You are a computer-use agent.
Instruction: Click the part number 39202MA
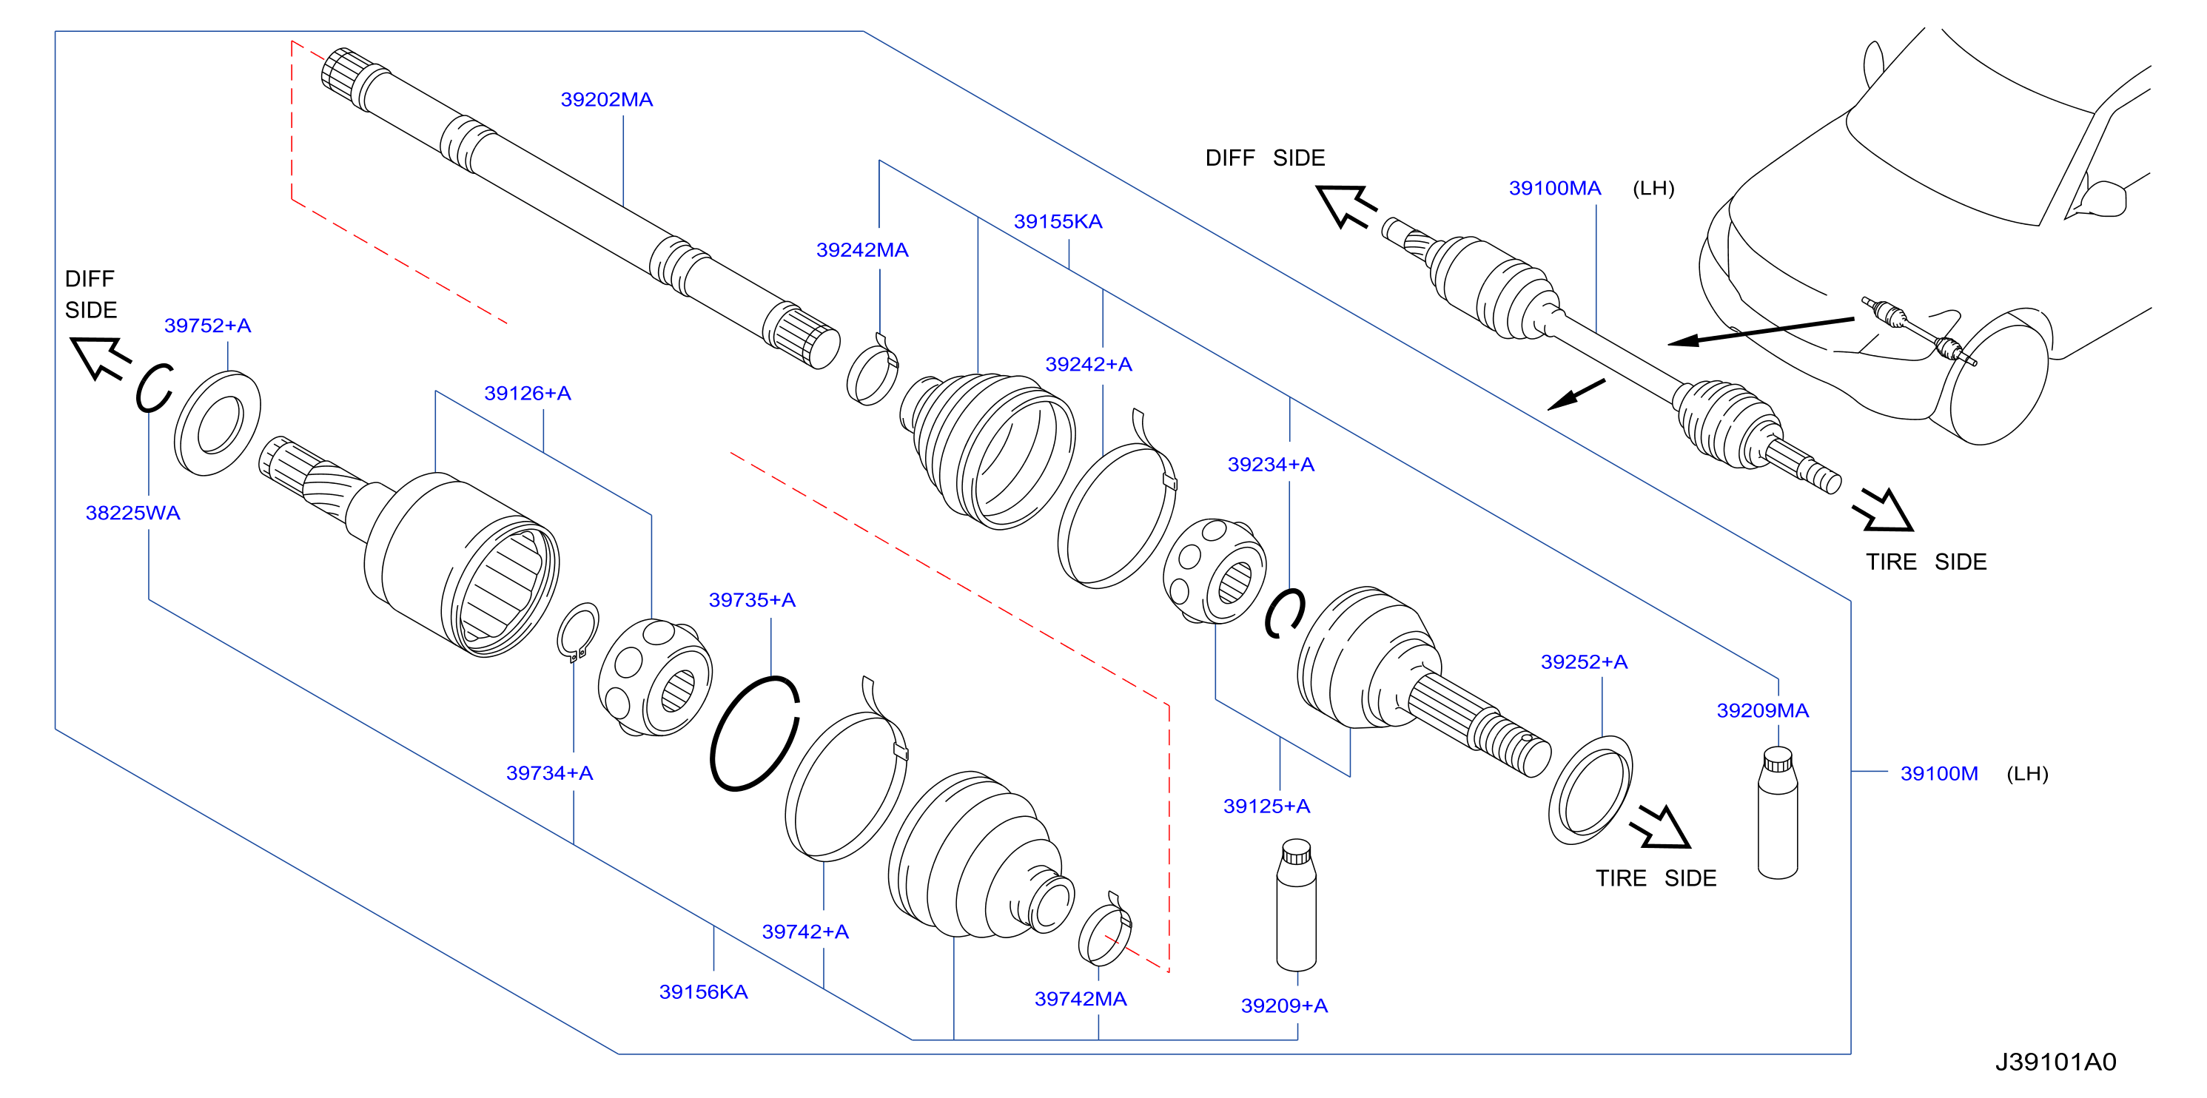[x=607, y=99]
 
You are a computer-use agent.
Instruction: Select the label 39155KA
[x=1058, y=221]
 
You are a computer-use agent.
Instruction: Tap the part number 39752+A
[x=207, y=326]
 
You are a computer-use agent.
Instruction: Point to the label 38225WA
[x=132, y=513]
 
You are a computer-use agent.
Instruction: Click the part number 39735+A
[x=751, y=599]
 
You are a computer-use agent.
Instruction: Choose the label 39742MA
[x=1081, y=999]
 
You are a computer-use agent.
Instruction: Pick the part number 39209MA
[x=1762, y=710]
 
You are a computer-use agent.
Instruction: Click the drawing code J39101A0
[x=2055, y=1062]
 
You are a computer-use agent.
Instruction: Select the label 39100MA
[x=1554, y=188]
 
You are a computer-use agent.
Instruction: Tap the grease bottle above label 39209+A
[x=1296, y=906]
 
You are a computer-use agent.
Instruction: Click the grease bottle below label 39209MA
[x=1778, y=813]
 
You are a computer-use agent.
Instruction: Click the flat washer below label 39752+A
[x=218, y=423]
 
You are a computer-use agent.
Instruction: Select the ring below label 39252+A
[x=1590, y=789]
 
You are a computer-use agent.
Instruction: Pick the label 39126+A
[x=527, y=393]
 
